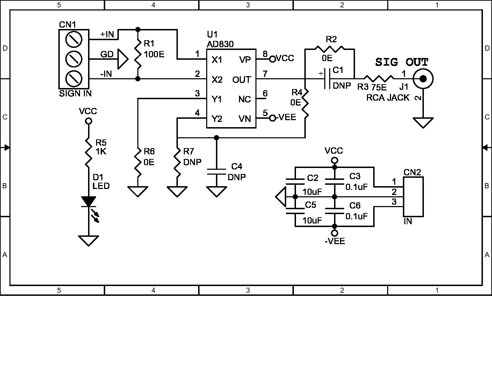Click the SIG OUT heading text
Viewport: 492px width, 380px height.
pos(401,62)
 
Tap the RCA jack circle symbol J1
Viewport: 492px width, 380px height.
pos(423,79)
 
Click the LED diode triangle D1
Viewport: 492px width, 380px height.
pos(89,202)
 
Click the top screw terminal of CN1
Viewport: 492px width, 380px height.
pos(74,39)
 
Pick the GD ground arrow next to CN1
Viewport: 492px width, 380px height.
pos(123,59)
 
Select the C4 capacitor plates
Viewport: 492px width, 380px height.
pos(217,171)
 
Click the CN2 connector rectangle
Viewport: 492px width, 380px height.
pos(413,197)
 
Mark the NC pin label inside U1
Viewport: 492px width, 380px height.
pos(245,100)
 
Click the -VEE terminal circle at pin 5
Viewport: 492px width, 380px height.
pos(273,118)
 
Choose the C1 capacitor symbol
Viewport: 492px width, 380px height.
pos(328,79)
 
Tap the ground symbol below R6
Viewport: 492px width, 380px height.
pos(138,192)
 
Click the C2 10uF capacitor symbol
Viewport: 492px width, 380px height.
pos(295,181)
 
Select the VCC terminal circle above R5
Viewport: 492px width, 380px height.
pos(89,121)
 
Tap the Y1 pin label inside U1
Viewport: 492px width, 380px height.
pos(217,100)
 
